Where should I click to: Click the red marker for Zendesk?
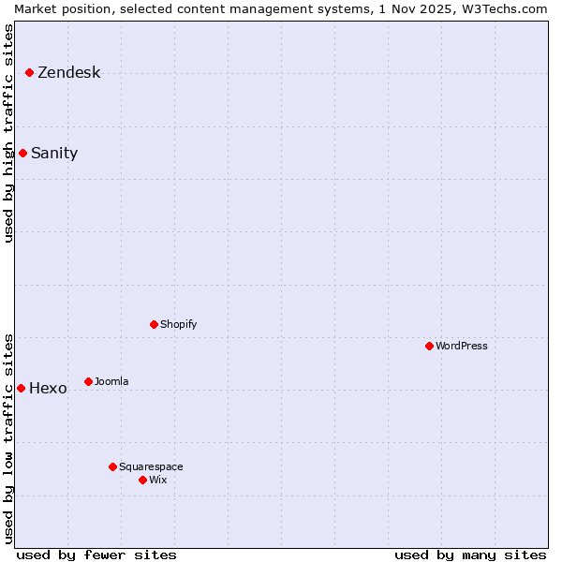[29, 72]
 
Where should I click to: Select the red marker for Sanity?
[22, 153]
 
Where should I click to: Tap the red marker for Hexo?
[21, 388]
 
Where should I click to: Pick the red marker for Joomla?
[88, 381]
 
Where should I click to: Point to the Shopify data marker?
[154, 324]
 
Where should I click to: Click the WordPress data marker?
[429, 346]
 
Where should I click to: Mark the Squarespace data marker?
[112, 466]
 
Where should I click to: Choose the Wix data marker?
[142, 480]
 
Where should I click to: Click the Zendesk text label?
[68, 73]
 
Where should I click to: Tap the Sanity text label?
[54, 154]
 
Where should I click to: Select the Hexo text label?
[48, 389]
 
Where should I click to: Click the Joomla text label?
[111, 381]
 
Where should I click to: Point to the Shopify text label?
[178, 324]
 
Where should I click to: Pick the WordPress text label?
[461, 346]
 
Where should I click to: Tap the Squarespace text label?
[151, 466]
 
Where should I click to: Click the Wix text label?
[157, 480]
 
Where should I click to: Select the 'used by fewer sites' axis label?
[96, 555]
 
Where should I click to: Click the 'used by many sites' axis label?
[470, 555]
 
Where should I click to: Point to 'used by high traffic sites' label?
[8, 133]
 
